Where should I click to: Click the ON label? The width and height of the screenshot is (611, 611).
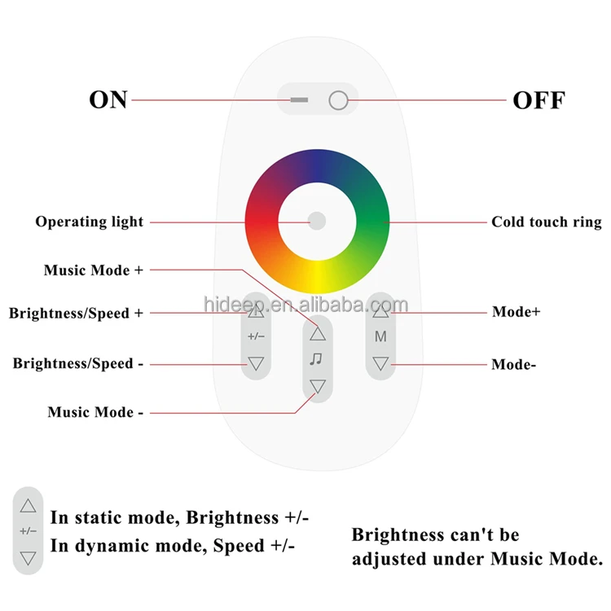click(x=108, y=99)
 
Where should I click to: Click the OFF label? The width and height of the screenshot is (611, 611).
click(x=538, y=100)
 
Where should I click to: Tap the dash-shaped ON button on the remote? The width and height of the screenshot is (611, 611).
click(x=299, y=100)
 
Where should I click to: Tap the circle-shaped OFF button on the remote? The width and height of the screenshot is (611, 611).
click(x=338, y=100)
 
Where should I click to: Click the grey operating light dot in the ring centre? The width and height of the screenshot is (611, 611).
click(x=317, y=221)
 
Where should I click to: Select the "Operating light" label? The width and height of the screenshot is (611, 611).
click(x=90, y=222)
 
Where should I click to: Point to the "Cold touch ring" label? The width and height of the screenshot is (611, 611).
click(x=547, y=222)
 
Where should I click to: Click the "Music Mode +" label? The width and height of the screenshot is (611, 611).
click(x=94, y=270)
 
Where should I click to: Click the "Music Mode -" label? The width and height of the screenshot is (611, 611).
click(x=95, y=412)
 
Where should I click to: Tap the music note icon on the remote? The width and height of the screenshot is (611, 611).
click(x=316, y=359)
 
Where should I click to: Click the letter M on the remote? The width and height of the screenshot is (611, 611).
click(x=380, y=336)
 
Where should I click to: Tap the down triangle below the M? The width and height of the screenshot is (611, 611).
click(x=380, y=363)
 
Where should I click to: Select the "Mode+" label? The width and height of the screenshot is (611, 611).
click(x=516, y=312)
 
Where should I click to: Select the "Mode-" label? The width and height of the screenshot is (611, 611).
click(x=513, y=365)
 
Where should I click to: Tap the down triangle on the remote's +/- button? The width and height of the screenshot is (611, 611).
click(x=256, y=363)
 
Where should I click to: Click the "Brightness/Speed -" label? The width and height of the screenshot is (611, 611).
click(x=78, y=363)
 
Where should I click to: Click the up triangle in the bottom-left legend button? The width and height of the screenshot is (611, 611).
click(x=28, y=506)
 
